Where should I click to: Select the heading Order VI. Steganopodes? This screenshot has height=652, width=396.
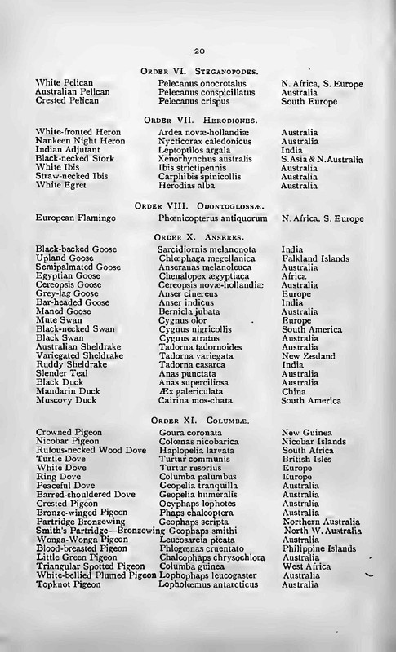201,72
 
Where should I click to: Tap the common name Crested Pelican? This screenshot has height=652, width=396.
65,101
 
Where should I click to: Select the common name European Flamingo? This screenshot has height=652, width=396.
75,219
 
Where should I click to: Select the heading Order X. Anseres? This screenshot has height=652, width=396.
201,236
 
